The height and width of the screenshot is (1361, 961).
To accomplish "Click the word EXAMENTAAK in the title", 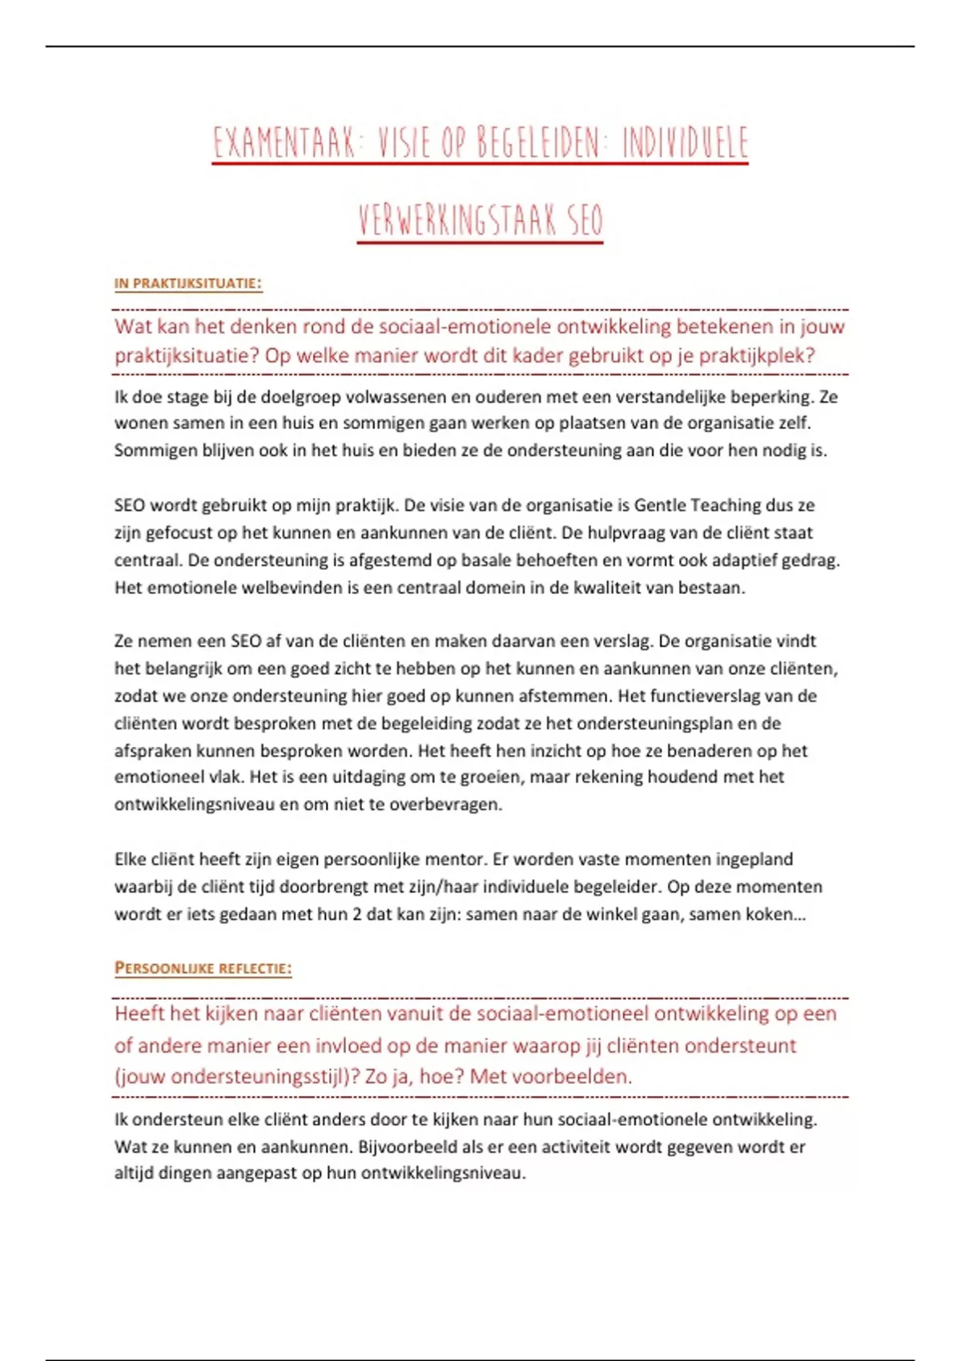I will point(283,143).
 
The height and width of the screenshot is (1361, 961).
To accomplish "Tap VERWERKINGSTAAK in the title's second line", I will point(458,221).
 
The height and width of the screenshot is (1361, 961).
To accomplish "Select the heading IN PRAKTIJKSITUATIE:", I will point(188,283).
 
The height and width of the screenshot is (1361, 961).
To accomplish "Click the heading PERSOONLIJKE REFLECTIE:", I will point(203,969).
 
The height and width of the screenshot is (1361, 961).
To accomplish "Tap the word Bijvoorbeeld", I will point(407,1146).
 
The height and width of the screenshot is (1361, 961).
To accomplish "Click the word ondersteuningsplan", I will point(656,724).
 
